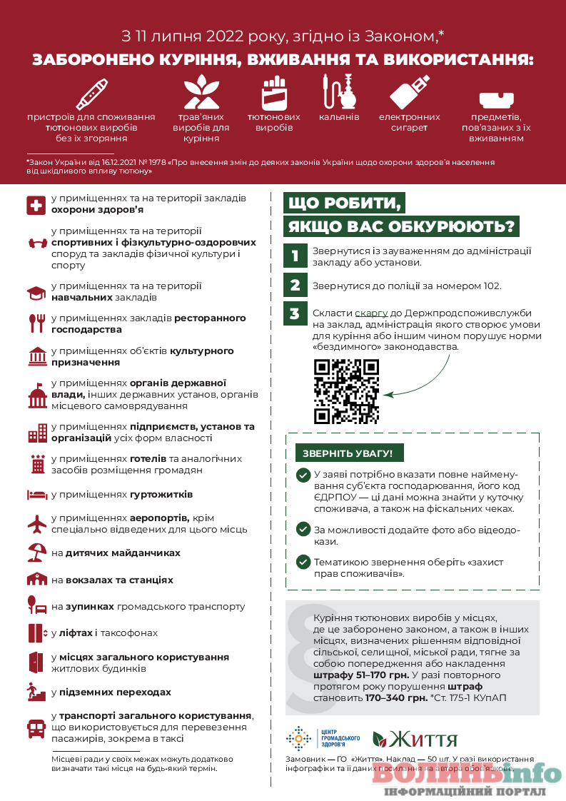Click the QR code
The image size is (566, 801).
click(346, 391)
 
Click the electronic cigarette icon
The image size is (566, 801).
click(409, 92)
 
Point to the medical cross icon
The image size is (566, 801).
click(36, 205)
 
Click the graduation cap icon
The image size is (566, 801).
click(36, 293)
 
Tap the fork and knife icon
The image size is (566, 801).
click(36, 323)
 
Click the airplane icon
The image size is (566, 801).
click(36, 524)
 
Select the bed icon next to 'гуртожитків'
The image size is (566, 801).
click(36, 495)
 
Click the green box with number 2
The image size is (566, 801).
click(294, 286)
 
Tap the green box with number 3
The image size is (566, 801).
click(294, 313)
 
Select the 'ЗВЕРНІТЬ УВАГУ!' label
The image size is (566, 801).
click(348, 453)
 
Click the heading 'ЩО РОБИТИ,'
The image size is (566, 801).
click(343, 203)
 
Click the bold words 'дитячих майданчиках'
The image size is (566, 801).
click(123, 553)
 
